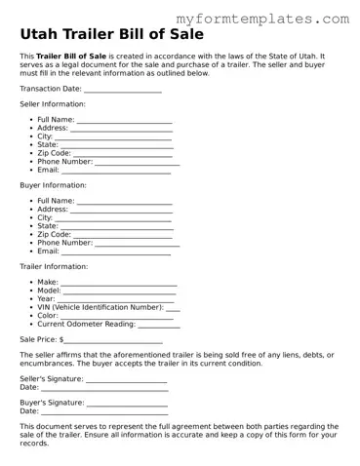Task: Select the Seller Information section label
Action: click(x=52, y=103)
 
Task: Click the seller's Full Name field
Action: click(x=124, y=119)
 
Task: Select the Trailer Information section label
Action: click(x=55, y=265)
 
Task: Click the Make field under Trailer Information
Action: click(x=118, y=282)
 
